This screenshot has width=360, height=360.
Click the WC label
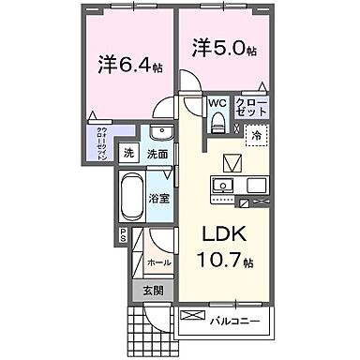pos(215,104)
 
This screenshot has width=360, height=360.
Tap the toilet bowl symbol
pos(217,120)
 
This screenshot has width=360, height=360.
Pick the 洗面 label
pos(158,154)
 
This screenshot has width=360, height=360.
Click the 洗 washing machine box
pos(130,154)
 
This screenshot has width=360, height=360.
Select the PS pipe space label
pos(122,236)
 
